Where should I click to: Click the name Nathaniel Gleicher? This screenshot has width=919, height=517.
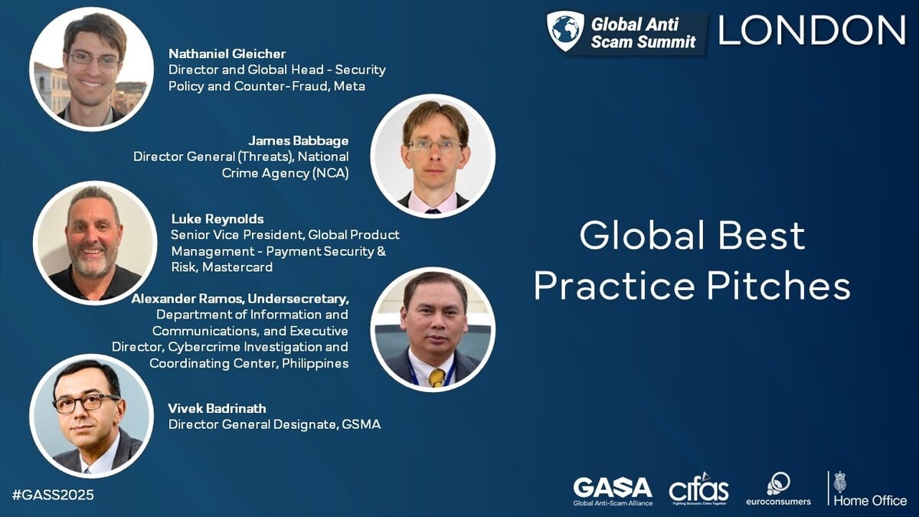pyautogui.click(x=227, y=54)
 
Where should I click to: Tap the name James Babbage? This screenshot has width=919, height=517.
pyautogui.click(x=299, y=140)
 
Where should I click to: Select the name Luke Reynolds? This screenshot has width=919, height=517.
pyautogui.click(x=217, y=219)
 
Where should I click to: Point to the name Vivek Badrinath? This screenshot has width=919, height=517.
pyautogui.click(x=217, y=407)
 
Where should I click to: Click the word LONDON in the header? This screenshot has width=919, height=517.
pyautogui.click(x=813, y=31)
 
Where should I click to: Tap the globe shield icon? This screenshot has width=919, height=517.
pyautogui.click(x=565, y=31)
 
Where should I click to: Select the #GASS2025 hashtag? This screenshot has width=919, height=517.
pyautogui.click(x=53, y=495)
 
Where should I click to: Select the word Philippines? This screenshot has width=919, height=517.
pyautogui.click(x=315, y=363)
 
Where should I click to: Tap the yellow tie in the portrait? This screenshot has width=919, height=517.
pyautogui.click(x=437, y=377)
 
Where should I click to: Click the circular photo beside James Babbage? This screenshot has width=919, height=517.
pyautogui.click(x=433, y=155)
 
